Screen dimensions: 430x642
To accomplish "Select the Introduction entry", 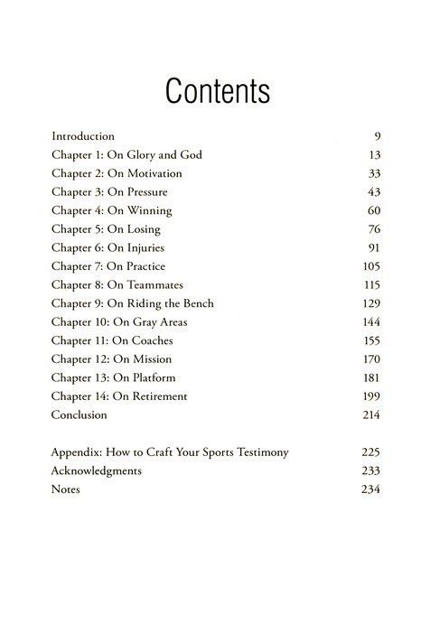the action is [83, 135].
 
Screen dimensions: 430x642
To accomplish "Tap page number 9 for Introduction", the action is [377, 135].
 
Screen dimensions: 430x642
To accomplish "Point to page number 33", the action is [373, 173].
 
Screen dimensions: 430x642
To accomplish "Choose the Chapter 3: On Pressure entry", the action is [109, 191].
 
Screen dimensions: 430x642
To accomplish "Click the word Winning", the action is [150, 210].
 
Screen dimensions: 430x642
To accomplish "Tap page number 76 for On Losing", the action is [373, 229].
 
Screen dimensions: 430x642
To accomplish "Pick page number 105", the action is [370, 266].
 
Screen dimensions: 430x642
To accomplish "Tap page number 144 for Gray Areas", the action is [370, 322].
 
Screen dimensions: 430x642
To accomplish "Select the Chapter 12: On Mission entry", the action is [113, 359].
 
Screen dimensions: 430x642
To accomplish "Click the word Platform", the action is [151, 377].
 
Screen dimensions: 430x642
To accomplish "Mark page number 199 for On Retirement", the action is [370, 396].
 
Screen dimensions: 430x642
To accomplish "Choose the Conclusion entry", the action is [80, 414].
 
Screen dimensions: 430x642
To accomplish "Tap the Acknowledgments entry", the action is [97, 470].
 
